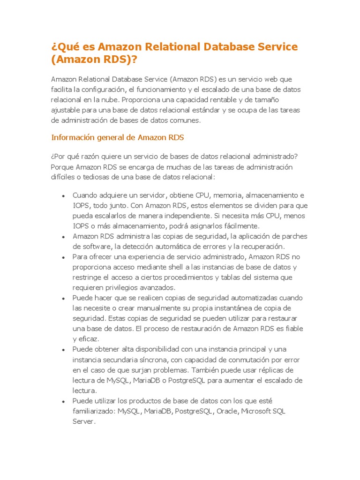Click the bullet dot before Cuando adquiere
(x=63, y=195)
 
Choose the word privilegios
(x=121, y=288)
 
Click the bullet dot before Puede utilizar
(x=63, y=401)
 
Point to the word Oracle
(x=227, y=411)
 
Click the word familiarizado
(x=93, y=411)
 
